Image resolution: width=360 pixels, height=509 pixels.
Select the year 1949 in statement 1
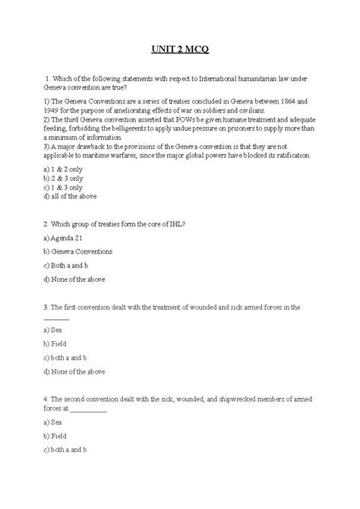click(x=56, y=109)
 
